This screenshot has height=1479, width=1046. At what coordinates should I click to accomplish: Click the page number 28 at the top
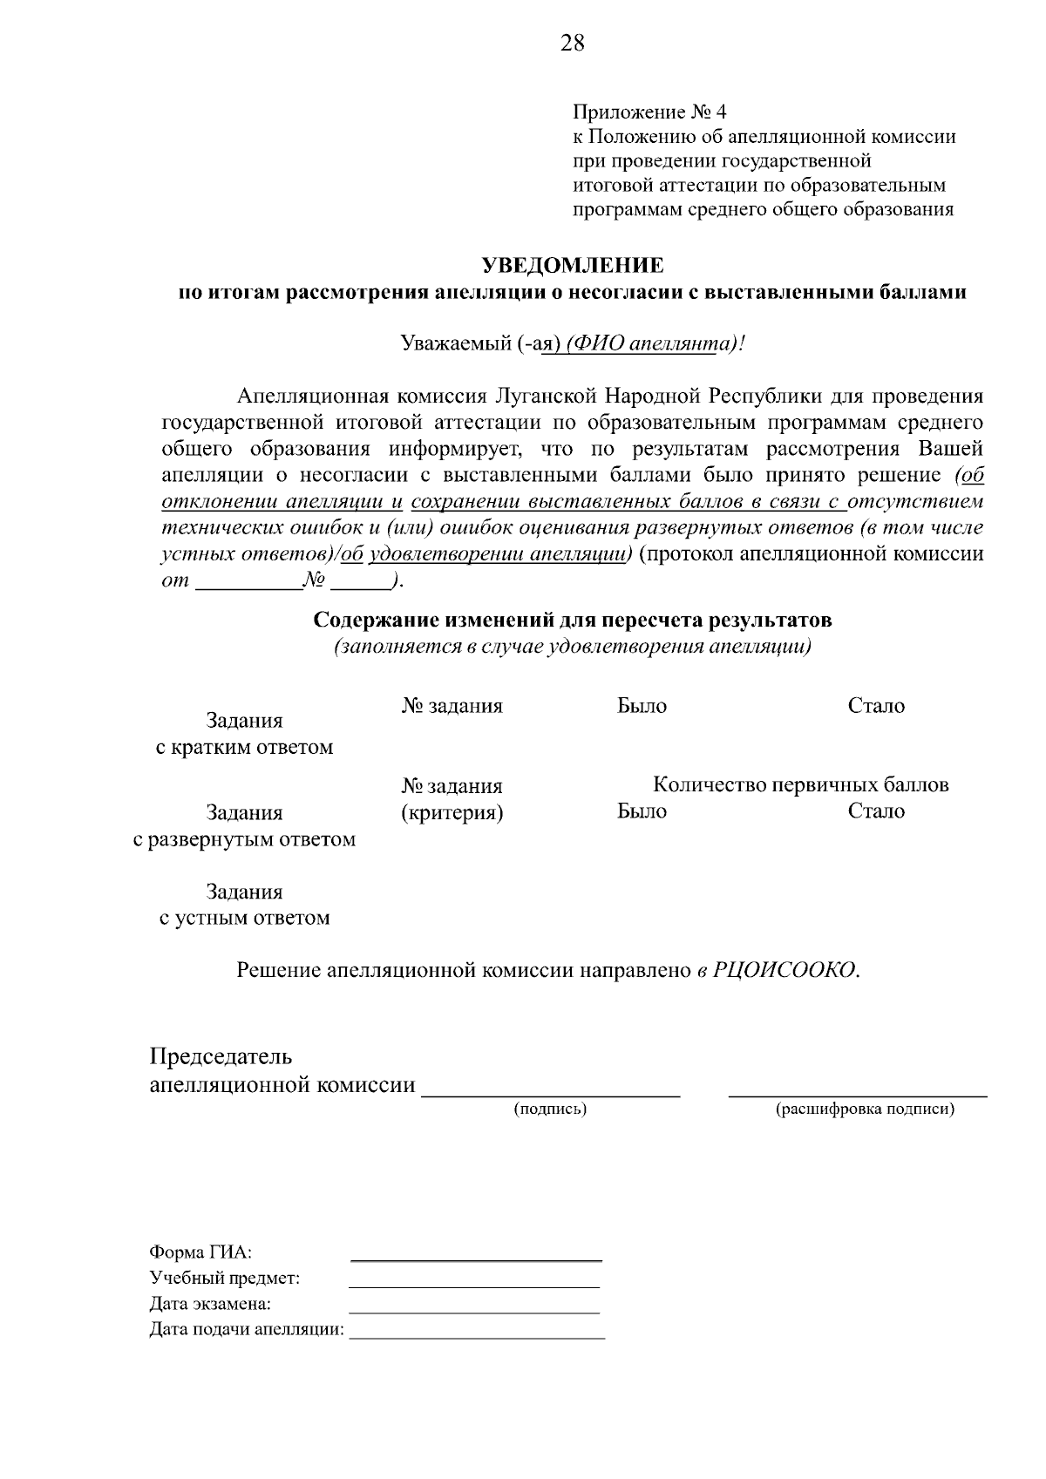click(x=573, y=43)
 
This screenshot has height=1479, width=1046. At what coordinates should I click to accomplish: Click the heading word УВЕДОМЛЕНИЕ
click(x=573, y=265)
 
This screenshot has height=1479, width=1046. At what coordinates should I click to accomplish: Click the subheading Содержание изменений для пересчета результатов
click(x=573, y=621)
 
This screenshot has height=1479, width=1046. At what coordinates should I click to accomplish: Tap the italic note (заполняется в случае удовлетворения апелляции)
click(x=573, y=648)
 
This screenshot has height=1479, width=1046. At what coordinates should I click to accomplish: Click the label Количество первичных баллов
click(x=800, y=784)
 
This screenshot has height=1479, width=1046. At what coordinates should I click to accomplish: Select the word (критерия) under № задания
click(x=452, y=813)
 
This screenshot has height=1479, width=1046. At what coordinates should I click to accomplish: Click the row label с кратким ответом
click(x=244, y=748)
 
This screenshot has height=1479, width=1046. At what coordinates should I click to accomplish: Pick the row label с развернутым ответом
click(x=244, y=840)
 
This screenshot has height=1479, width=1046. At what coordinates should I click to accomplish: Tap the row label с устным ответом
click(x=244, y=918)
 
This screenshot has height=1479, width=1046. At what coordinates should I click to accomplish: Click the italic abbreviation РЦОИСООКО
click(x=784, y=971)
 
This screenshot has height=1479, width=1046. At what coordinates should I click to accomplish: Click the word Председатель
click(x=221, y=1056)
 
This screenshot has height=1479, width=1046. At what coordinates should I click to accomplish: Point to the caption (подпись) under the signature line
click(x=550, y=1109)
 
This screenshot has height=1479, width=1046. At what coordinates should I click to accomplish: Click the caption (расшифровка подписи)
click(x=865, y=1109)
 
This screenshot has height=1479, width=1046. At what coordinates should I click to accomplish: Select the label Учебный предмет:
click(x=225, y=1279)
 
